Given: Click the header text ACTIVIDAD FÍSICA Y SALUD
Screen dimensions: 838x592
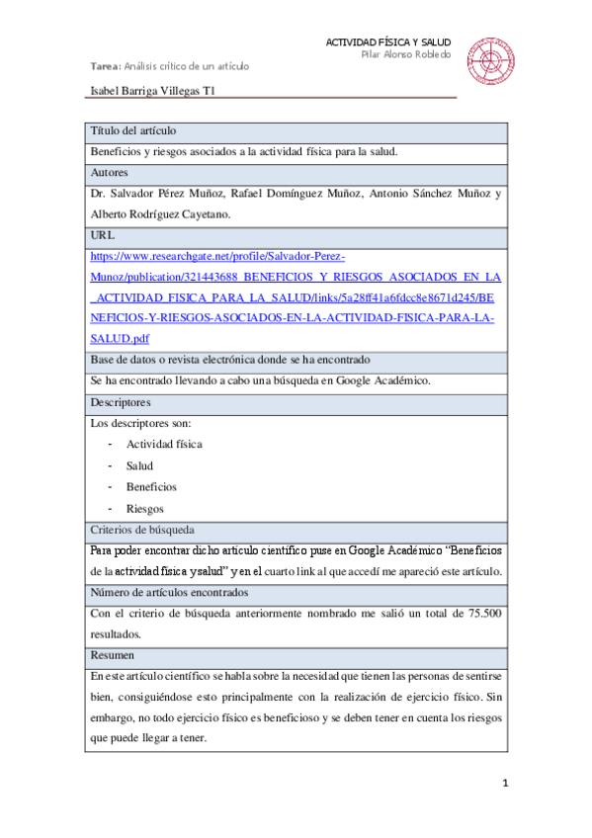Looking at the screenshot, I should tap(387, 42).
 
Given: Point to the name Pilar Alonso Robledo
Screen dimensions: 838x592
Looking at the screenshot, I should tap(405, 54).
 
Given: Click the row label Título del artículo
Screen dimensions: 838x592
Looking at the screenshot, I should tap(133, 131).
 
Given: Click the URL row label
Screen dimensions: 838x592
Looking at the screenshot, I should tap(102, 236).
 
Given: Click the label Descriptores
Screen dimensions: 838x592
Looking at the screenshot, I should tap(121, 403).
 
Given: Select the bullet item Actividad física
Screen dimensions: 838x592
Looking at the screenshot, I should tap(164, 445).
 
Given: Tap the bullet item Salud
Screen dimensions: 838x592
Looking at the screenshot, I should tap(139, 465).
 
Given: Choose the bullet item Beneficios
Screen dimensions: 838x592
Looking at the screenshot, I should tap(151, 487).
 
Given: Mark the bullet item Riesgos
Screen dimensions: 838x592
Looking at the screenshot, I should tap(144, 509).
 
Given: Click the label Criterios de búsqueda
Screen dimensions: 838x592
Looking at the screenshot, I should tap(141, 530).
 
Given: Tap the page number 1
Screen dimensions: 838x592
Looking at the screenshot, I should tap(505, 786).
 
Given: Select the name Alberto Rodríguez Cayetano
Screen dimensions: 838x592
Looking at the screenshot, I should tap(158, 214).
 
